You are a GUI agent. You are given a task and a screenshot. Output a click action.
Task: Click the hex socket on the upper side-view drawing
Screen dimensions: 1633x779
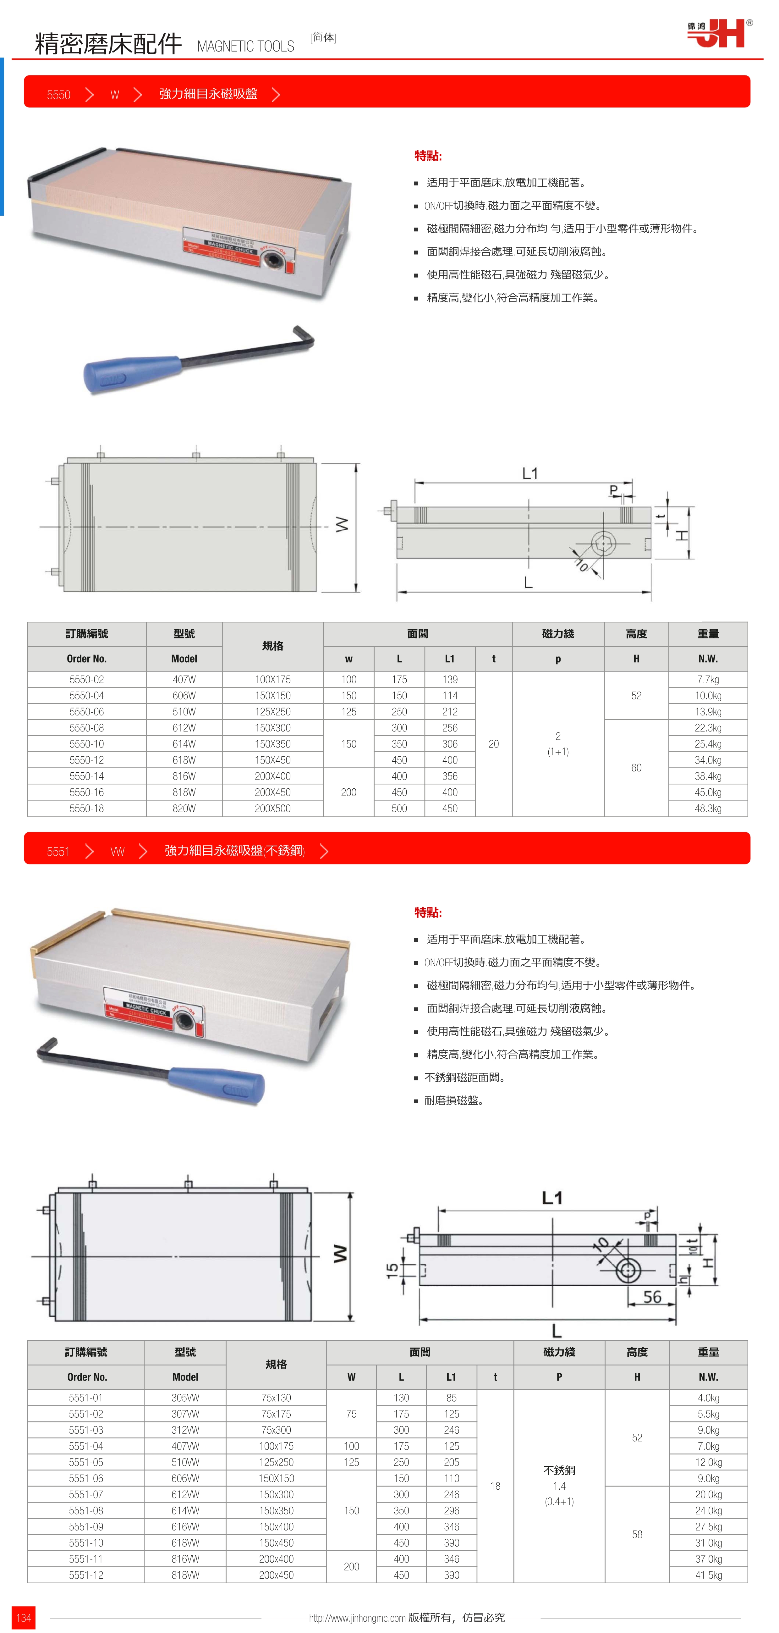pos(603,543)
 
